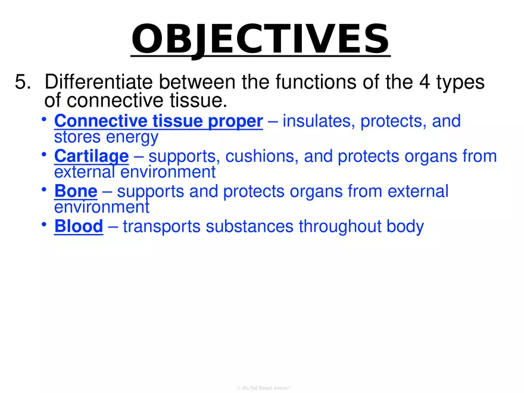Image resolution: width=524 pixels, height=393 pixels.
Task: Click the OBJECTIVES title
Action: [x=260, y=39]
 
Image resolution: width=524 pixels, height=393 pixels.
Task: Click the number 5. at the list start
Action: [x=23, y=82]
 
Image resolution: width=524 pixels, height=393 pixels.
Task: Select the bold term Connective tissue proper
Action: [x=158, y=121]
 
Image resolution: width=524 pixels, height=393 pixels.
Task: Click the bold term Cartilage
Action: [x=91, y=157]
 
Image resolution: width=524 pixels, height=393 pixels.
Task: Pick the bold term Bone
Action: [x=76, y=191]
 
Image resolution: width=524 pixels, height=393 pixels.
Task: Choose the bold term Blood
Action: [x=79, y=226]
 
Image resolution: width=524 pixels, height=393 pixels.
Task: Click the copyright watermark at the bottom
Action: [x=262, y=388]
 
